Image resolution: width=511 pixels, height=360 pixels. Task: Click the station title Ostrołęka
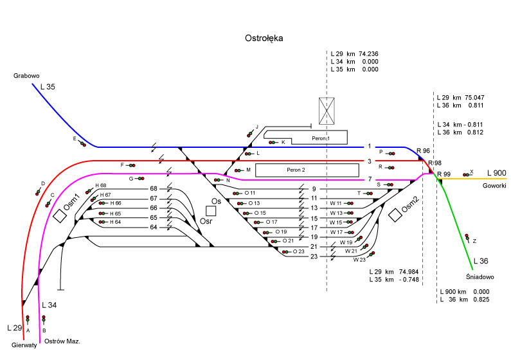(264, 39)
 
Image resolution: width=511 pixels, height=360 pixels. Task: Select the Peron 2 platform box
(306, 170)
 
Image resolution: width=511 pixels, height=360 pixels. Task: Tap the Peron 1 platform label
(319, 139)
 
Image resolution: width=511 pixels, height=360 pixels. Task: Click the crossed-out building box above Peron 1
(328, 110)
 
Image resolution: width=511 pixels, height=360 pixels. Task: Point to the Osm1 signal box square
(60, 215)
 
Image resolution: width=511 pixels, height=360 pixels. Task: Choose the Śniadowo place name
(480, 277)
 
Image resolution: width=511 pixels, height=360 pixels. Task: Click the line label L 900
(496, 173)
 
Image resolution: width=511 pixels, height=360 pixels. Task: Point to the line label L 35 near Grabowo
(48, 86)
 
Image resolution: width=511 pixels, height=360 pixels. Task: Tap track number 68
(154, 188)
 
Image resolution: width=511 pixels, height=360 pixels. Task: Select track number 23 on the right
(314, 256)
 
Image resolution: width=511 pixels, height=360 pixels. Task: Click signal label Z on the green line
(474, 242)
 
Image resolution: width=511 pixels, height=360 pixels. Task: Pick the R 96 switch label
(422, 151)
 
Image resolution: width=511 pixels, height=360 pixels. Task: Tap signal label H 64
(115, 222)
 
